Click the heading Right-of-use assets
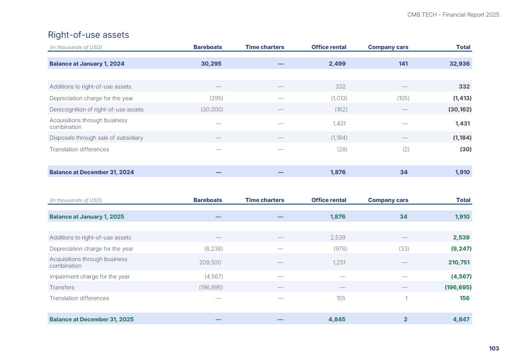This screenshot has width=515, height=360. [88, 35]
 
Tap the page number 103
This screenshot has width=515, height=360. [494, 348]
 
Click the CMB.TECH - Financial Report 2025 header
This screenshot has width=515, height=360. [453, 15]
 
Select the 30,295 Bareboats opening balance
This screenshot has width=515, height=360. [211, 64]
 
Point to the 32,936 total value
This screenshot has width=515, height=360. [460, 64]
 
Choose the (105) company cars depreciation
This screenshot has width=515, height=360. [403, 98]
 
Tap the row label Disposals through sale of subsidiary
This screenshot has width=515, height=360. [96, 138]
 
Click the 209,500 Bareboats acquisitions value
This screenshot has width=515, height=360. [210, 262]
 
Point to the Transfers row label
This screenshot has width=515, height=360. [62, 287]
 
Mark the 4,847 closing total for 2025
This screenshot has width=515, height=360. [461, 319]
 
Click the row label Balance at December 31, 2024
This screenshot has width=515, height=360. [91, 172]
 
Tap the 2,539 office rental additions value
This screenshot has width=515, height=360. [338, 237]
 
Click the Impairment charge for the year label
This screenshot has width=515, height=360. [89, 276]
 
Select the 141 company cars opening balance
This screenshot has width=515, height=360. [403, 64]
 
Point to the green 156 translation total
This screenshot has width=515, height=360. [464, 298]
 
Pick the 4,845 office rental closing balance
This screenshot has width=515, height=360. [337, 319]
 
